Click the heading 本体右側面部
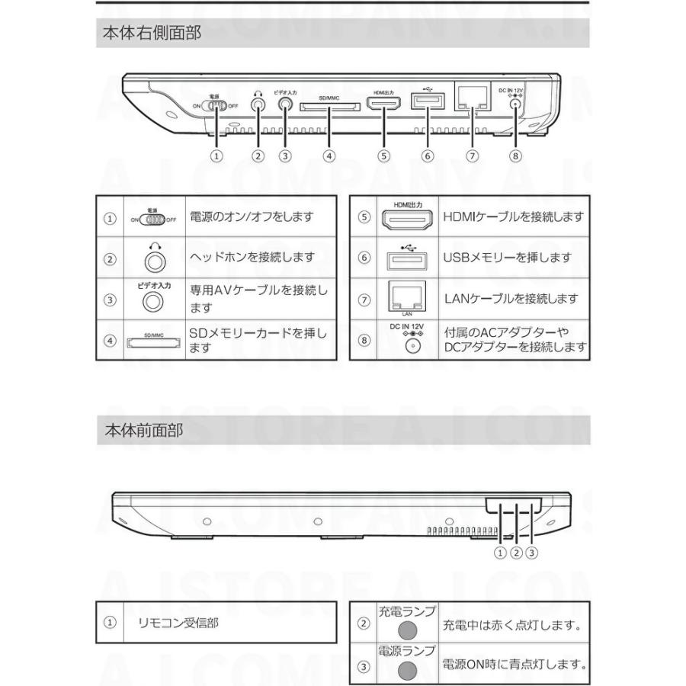coord(152,34)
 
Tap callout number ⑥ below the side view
coord(427,155)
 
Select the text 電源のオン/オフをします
coord(252,217)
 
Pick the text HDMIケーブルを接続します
coord(514,217)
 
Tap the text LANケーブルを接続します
coord(510,299)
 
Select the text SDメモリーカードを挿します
coord(258,340)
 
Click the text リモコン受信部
coord(178,623)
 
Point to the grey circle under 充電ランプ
coord(409,630)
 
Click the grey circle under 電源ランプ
coord(409,670)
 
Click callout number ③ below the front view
coord(532,553)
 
